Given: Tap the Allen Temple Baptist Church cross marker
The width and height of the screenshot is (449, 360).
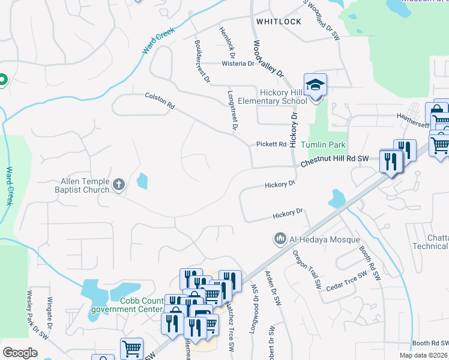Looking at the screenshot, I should click(x=119, y=185).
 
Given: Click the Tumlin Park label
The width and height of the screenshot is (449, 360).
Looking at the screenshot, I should click(x=323, y=145).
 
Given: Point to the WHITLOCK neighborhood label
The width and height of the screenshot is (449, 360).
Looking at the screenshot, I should click(x=279, y=21).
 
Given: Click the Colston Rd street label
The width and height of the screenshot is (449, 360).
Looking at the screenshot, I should click(x=160, y=100).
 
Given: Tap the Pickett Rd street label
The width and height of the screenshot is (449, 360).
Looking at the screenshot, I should click(x=271, y=144).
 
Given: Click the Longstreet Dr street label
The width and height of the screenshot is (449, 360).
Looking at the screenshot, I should click(x=233, y=111).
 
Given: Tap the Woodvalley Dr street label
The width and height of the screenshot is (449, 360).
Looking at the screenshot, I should click(x=268, y=58).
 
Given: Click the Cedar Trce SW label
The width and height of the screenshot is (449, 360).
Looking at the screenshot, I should click(x=346, y=281).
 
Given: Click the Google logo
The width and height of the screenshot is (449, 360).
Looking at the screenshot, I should click(x=20, y=352).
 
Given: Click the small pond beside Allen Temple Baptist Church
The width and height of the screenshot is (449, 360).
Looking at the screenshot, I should click(x=142, y=181).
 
